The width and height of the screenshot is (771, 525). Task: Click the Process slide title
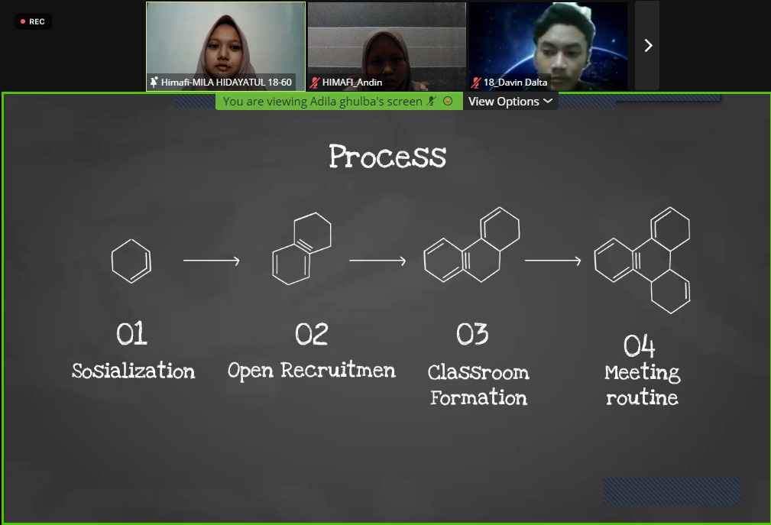(387, 156)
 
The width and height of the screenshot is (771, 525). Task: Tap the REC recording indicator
(32, 21)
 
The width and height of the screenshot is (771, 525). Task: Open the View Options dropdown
(510, 102)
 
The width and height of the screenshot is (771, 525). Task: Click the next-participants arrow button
(648, 46)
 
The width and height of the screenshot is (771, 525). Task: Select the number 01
(131, 334)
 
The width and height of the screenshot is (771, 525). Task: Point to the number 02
(312, 334)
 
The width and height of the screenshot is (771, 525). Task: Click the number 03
(472, 334)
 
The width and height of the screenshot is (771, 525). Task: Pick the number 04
(640, 346)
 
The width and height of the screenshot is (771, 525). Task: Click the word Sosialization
(134, 371)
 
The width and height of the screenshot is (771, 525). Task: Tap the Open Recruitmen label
(312, 371)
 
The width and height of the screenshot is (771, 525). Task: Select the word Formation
(478, 397)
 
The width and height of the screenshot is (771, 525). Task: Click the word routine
(642, 397)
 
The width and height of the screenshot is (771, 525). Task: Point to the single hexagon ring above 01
(131, 261)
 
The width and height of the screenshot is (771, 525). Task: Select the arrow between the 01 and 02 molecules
(212, 261)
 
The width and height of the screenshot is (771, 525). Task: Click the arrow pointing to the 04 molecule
(552, 261)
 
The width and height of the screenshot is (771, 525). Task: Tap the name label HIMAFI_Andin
(351, 82)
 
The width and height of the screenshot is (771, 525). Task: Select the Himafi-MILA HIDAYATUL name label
(221, 82)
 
